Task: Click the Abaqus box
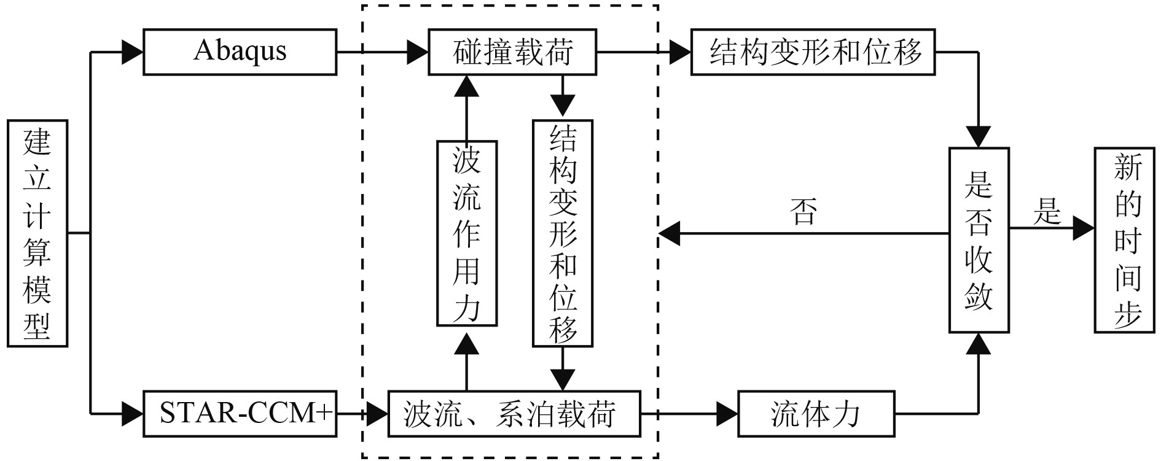[240, 52]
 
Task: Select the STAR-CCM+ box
[240, 414]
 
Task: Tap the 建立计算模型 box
[37, 233]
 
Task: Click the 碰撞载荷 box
[512, 52]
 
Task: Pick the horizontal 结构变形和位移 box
[813, 52]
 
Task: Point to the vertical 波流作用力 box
[466, 233]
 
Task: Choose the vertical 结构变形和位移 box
[563, 233]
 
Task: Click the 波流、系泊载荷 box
[514, 414]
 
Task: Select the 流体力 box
[815, 414]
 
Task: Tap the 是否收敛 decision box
[979, 240]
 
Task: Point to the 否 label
[804, 212]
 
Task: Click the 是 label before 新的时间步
[1047, 212]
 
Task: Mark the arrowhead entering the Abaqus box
[133, 52]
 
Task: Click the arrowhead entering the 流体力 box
[727, 414]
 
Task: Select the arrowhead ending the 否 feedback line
[669, 233]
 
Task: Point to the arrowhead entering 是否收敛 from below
[979, 344]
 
